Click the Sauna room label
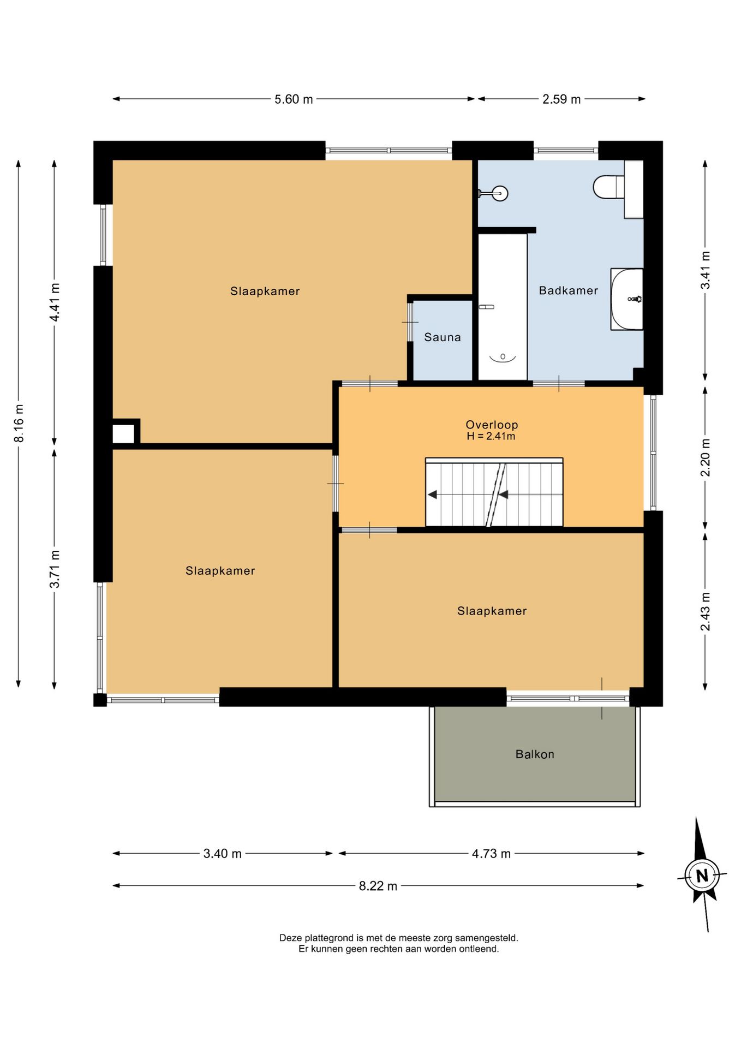point(443,337)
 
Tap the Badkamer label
point(569,290)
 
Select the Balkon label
point(535,754)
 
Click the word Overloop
point(492,425)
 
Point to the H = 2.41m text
point(491,436)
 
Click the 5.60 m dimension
point(294,99)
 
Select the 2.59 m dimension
point(561,99)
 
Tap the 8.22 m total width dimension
point(378,886)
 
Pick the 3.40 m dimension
point(222,854)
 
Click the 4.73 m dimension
point(491,854)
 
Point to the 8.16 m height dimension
point(19,423)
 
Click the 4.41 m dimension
point(55,302)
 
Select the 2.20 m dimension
point(706,457)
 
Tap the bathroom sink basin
point(627,299)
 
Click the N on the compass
point(702,876)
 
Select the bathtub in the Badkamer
point(503,307)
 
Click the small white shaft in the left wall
point(123,434)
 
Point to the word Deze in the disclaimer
point(291,938)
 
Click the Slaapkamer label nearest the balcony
point(492,611)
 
